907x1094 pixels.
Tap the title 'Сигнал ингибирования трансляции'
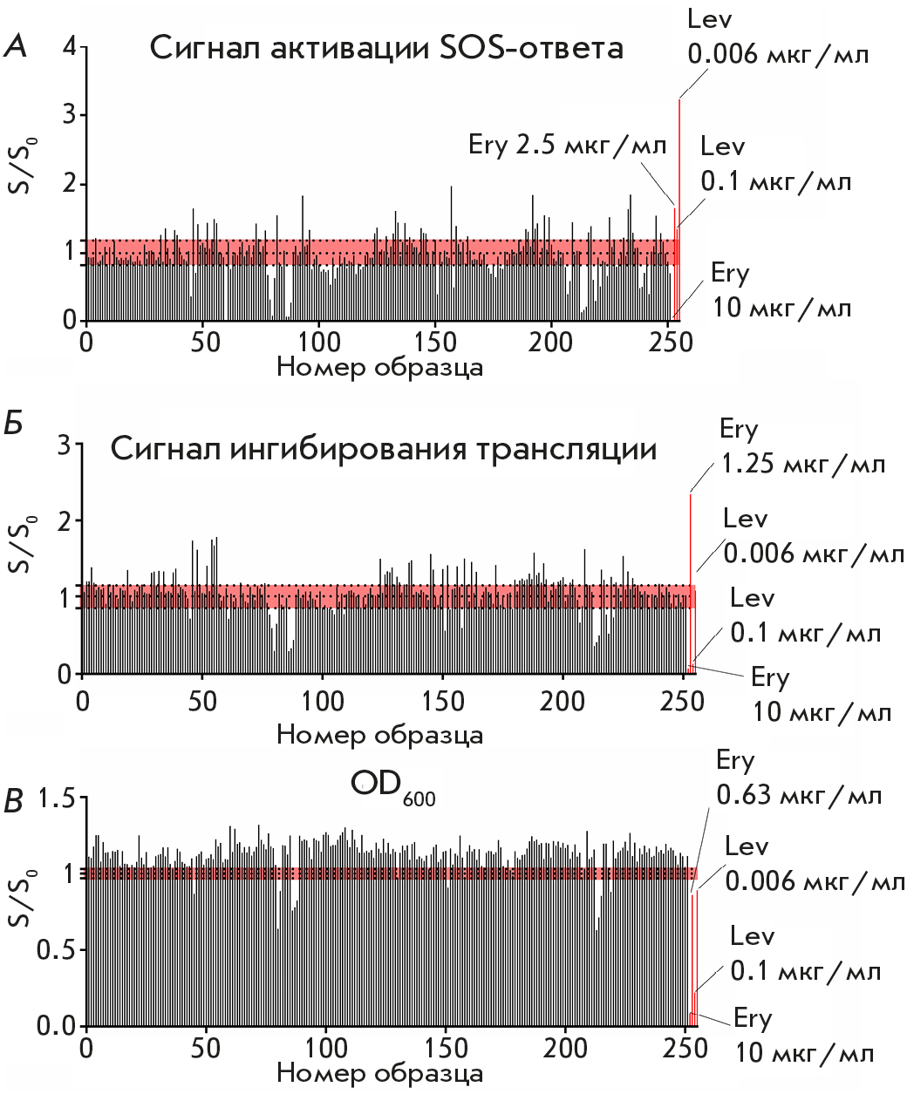point(384,450)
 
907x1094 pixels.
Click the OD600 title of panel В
point(392,786)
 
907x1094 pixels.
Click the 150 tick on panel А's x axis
point(435,340)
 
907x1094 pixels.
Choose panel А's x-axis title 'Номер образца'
point(380,367)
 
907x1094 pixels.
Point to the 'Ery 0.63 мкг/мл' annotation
point(798,778)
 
